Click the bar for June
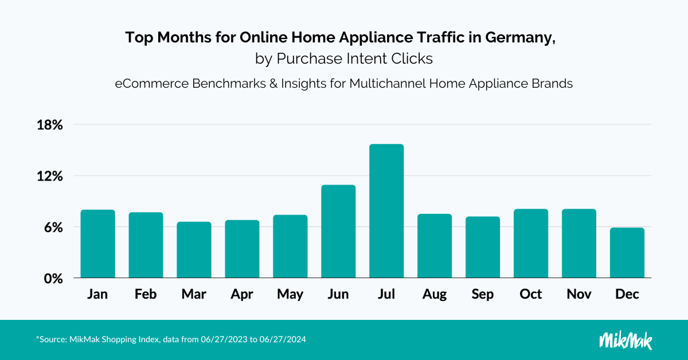(x=338, y=232)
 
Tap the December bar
(x=627, y=253)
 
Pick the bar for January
(x=98, y=244)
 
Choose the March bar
(x=194, y=250)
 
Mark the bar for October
(x=531, y=244)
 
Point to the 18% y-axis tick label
(x=49, y=125)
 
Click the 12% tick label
(x=49, y=176)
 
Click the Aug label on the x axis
(x=435, y=295)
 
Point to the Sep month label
(x=482, y=295)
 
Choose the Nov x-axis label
(x=579, y=295)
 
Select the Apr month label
(x=242, y=295)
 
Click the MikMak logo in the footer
(x=626, y=339)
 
